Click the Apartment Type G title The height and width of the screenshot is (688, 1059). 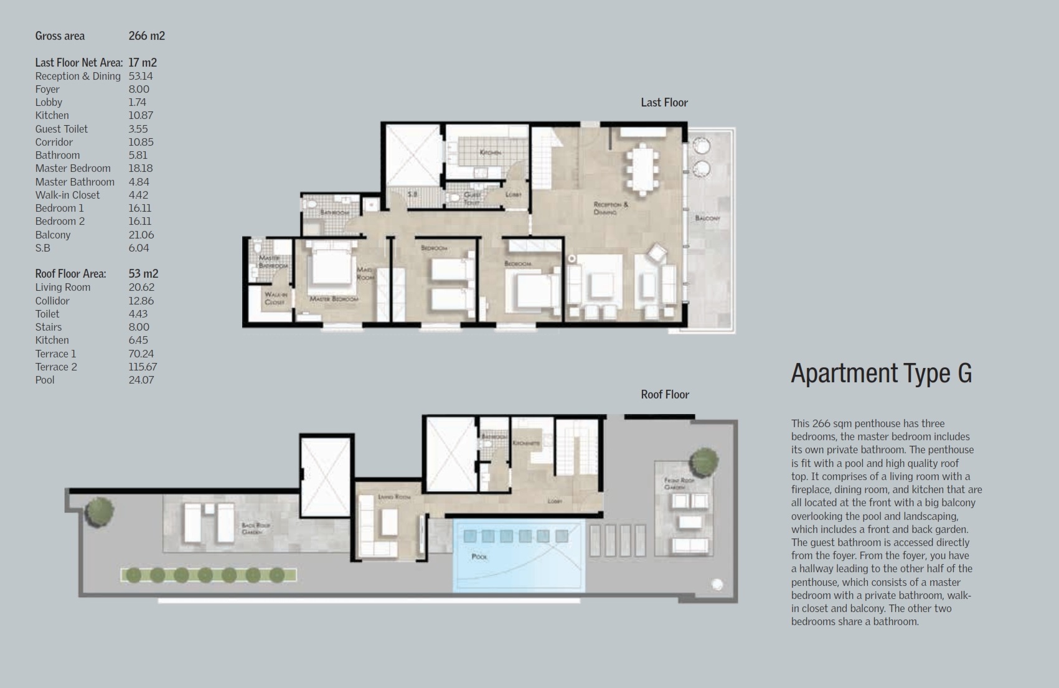point(881,374)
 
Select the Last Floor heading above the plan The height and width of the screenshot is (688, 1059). point(664,103)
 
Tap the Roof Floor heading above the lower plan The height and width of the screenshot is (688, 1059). point(665,395)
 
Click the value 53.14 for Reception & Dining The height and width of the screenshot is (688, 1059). point(141,76)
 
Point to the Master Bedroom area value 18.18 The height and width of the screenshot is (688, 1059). point(141,168)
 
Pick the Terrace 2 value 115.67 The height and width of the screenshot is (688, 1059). point(143,367)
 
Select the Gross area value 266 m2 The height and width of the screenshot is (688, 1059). point(147,36)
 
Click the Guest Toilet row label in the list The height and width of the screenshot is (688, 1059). point(62,129)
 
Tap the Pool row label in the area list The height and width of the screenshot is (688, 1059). point(45,380)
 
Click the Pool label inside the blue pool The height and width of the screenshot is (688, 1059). point(479,557)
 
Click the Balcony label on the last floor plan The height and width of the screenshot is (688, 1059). point(707,219)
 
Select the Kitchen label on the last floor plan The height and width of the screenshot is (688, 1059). point(491,153)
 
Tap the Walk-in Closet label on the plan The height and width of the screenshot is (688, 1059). point(275,298)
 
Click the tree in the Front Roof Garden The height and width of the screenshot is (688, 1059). point(704,461)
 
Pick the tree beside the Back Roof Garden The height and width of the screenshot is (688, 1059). point(99,511)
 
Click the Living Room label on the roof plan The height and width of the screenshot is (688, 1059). point(394,497)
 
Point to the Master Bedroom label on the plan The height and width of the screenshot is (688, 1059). point(334,299)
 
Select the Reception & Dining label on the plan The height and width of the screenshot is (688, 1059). point(611,208)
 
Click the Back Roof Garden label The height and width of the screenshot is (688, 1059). point(255,529)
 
